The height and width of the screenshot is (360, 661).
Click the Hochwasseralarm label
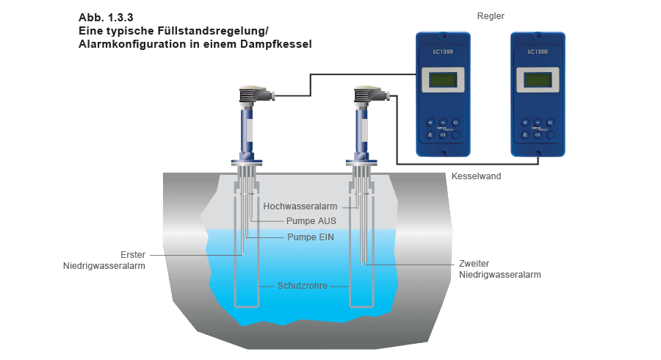(x=300, y=207)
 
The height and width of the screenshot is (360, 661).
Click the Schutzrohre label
(x=302, y=286)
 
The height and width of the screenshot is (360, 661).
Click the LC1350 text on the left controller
(x=442, y=52)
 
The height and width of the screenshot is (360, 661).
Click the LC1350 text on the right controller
(x=538, y=52)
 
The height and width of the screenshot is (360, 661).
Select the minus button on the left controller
(x=442, y=122)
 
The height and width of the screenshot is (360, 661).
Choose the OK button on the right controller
(x=538, y=134)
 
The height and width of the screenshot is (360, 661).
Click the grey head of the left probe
(x=253, y=94)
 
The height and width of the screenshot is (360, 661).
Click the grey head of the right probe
(x=366, y=94)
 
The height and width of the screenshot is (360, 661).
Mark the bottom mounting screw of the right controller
(x=538, y=154)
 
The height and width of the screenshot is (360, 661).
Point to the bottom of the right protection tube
(x=360, y=306)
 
